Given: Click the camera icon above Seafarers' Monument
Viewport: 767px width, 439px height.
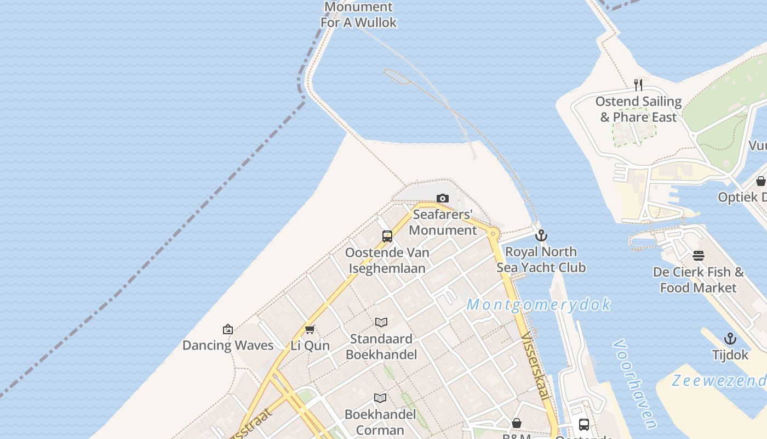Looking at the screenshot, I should (x=443, y=198).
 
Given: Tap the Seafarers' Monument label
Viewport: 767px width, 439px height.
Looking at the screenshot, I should (x=443, y=222).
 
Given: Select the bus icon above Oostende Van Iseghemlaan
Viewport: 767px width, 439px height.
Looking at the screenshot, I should (x=387, y=237).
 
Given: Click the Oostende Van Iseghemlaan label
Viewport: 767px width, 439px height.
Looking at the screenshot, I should (x=387, y=260).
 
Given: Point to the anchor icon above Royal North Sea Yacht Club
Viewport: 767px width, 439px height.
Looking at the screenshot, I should (x=541, y=235).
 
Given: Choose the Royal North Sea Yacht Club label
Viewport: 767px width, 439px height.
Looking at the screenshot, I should (x=541, y=260).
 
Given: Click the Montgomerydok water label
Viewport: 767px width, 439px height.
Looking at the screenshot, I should (x=539, y=305).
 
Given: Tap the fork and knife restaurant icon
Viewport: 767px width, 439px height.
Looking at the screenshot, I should (x=638, y=85).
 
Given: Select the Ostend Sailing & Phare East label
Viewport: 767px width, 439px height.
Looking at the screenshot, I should (x=638, y=109).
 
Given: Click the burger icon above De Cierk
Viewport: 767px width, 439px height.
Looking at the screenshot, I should (x=699, y=256).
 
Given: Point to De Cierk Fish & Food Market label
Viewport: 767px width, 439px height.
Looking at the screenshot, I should (x=699, y=280).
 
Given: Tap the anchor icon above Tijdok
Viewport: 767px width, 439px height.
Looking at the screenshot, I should (x=730, y=339).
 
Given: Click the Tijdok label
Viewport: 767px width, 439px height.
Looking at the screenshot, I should (x=730, y=355).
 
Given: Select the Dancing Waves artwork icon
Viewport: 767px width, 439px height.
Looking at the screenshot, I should (x=228, y=329).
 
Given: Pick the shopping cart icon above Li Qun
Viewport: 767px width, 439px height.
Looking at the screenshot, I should (x=310, y=329).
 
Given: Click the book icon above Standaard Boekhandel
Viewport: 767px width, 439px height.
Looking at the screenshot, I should (x=381, y=322).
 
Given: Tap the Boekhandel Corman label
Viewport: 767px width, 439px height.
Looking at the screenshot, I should (x=380, y=422).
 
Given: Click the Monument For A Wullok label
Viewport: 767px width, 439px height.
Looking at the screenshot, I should (x=359, y=15).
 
